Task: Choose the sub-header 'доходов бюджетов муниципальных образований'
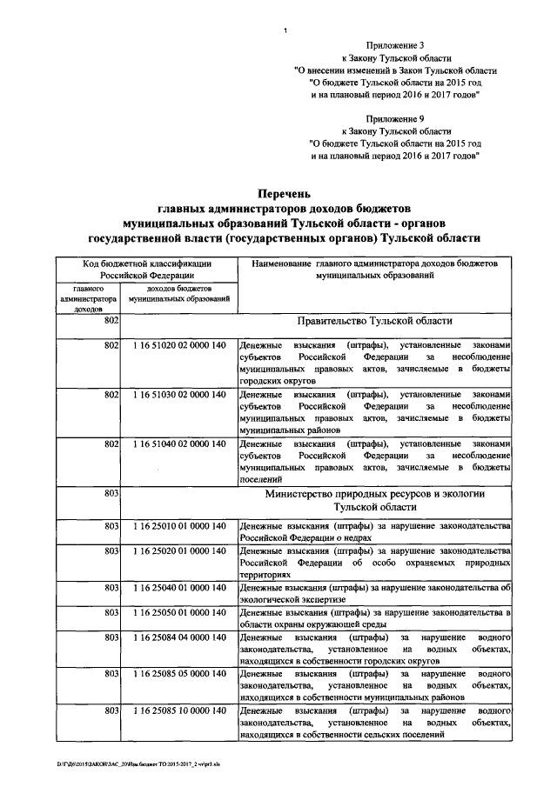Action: tap(179, 293)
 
